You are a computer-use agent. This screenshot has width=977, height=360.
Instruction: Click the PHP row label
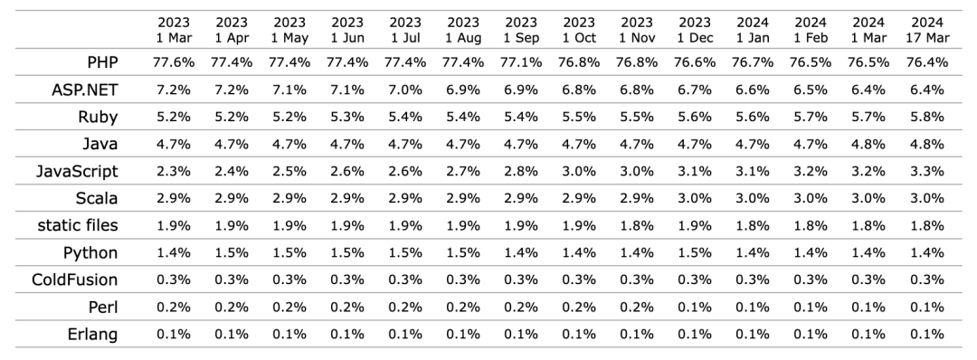(103, 62)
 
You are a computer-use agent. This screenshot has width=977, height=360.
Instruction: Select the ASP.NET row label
(85, 90)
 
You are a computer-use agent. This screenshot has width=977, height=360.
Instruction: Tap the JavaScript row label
(77, 171)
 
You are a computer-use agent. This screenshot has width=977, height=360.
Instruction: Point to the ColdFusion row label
(75, 279)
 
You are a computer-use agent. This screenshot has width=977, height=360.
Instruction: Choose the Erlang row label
(93, 335)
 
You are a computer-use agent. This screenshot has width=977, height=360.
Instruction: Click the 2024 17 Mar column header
(928, 30)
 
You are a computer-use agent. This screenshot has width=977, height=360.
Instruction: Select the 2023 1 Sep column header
(521, 30)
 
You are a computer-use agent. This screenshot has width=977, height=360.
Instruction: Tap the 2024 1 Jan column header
(753, 30)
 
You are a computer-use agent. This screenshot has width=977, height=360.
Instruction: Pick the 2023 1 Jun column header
(347, 30)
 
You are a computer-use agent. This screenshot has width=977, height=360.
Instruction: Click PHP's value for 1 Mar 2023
(174, 62)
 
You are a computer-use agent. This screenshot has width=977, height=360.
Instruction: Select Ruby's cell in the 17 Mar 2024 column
(928, 117)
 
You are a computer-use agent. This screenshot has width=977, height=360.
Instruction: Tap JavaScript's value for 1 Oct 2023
(579, 171)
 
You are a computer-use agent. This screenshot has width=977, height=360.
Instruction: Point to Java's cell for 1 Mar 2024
(868, 144)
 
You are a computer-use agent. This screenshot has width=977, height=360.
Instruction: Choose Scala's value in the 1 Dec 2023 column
(695, 198)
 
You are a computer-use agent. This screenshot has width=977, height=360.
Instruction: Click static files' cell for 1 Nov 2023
(637, 225)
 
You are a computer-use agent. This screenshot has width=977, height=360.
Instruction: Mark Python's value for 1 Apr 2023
(232, 253)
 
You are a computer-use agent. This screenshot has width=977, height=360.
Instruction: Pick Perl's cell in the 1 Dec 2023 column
(695, 307)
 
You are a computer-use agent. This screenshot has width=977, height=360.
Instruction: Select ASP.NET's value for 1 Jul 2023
(405, 90)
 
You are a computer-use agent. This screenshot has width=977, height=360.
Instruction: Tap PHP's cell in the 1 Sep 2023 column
(521, 62)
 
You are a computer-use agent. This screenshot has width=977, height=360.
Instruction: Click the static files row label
(78, 225)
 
